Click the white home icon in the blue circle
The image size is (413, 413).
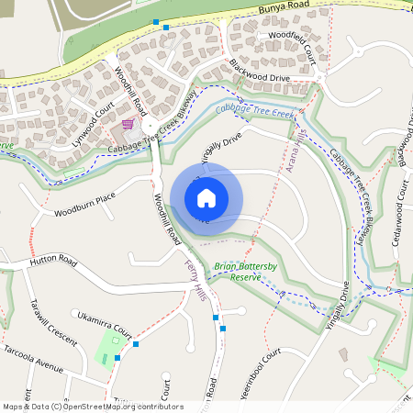pyautogui.click(x=206, y=197)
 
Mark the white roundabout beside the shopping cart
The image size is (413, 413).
pyautogui.click(x=149, y=122)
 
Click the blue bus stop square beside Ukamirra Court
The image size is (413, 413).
pyautogui.click(x=135, y=343)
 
